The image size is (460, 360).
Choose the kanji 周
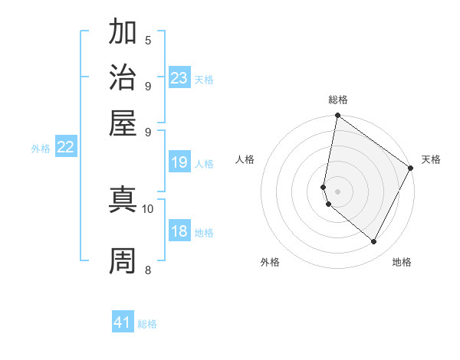123,260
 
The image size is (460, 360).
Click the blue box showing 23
179,78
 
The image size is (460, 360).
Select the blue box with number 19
179,162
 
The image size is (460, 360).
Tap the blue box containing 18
179,232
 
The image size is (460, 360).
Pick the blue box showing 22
65,148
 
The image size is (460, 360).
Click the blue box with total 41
123,322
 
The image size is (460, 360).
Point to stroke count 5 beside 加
148,41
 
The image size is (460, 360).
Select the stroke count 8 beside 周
148,270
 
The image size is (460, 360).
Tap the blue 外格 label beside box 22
41,149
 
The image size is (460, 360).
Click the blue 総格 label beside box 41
147,324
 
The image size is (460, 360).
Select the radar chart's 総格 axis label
337,100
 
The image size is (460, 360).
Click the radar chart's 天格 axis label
431,159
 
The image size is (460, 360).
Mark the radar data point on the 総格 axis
337,116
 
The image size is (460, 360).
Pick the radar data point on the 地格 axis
373,242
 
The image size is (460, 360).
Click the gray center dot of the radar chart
337,191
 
